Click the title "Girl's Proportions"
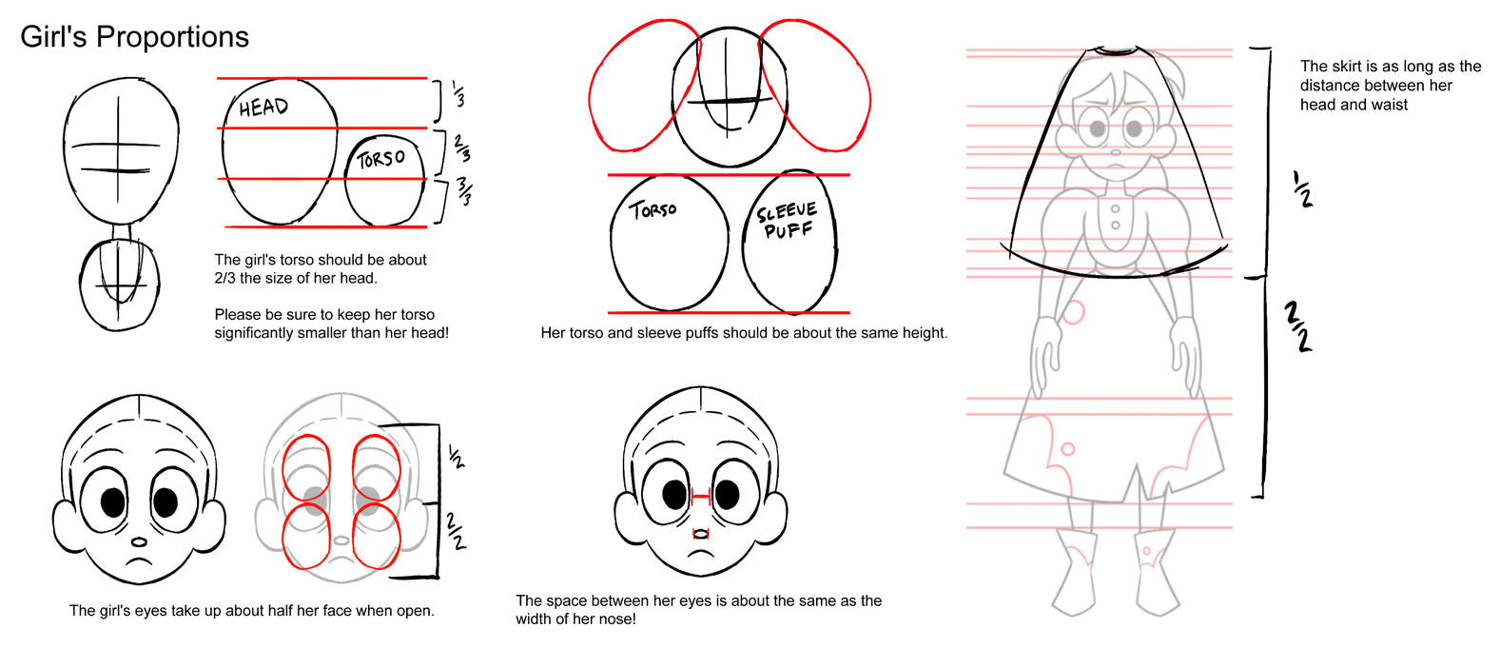pos(135,37)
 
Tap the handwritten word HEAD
pos(263,108)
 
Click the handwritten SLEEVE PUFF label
pos(787,221)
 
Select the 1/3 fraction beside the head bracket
pos(458,94)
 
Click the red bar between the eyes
pos(700,497)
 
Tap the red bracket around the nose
pos(700,534)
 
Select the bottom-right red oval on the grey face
pos(377,536)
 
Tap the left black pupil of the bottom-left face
pos(112,502)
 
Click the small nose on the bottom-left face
pos(139,541)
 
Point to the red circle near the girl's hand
pos(1074,313)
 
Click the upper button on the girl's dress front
pos(1115,209)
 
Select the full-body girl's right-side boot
pos(1157,572)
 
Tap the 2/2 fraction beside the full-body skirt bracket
pos(1297,326)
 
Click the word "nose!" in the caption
pos(616,619)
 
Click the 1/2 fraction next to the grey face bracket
pos(456,457)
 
